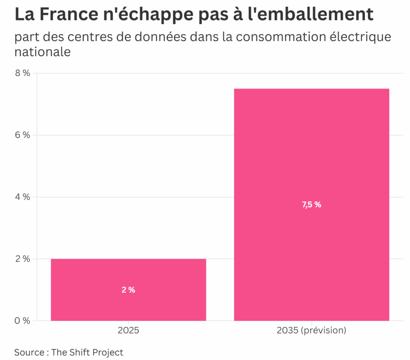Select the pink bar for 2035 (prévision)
click(312, 160)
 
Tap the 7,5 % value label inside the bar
click(312, 205)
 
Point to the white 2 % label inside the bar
click(129, 290)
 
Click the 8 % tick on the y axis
click(24, 73)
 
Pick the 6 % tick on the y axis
click(24, 135)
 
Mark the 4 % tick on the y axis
click(24, 197)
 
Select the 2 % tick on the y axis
click(24, 259)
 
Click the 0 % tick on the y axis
click(24, 321)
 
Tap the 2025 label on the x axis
click(129, 331)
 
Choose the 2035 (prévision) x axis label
click(312, 331)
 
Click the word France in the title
click(64, 15)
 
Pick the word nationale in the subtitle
click(42, 52)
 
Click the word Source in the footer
click(29, 352)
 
